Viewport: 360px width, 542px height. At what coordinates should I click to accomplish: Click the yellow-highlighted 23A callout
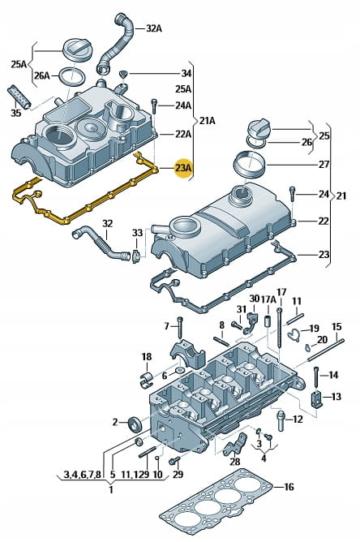[183, 168]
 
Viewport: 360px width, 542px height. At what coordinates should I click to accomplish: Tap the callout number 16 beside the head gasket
[289, 487]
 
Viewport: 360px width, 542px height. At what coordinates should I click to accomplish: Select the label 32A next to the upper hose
[154, 28]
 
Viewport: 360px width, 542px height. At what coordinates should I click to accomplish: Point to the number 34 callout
[186, 74]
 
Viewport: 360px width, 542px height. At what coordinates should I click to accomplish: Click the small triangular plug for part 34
[123, 74]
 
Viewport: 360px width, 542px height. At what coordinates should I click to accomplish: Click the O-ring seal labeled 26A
[72, 77]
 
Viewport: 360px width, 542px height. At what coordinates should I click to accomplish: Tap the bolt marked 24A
[154, 106]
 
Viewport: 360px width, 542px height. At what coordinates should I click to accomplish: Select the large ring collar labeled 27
[250, 165]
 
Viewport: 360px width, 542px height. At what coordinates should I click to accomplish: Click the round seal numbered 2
[135, 424]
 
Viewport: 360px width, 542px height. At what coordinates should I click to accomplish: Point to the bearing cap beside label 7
[187, 354]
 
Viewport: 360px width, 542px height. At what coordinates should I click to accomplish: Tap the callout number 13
[336, 397]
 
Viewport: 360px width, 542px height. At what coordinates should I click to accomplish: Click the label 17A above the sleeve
[268, 299]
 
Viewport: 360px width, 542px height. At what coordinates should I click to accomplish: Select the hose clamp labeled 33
[135, 256]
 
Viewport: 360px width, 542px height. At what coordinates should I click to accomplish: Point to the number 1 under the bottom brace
[111, 490]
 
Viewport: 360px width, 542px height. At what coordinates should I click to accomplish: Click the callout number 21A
[208, 120]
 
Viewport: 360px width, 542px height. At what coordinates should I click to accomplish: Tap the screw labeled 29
[174, 460]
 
